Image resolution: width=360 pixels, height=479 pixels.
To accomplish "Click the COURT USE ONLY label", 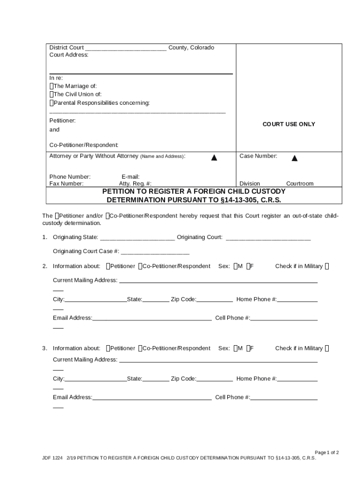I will click(288, 124).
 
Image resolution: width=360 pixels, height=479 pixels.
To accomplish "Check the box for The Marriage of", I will click(51, 86).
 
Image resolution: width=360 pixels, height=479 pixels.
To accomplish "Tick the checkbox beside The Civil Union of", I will click(51, 94).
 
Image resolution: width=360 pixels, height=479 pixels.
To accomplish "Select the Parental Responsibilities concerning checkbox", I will click(51, 103).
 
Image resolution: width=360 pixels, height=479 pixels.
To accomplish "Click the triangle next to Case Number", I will click(295, 158).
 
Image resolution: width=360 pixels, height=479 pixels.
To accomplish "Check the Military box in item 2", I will click(327, 266).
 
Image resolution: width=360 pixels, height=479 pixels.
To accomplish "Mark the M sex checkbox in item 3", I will click(236, 348).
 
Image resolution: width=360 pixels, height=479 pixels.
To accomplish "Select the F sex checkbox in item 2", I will click(249, 266).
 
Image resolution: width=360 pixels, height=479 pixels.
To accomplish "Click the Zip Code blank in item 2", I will click(215, 300).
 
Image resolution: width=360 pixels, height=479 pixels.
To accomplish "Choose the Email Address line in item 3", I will click(152, 398).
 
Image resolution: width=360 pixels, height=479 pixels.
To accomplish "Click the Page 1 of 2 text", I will click(326, 452).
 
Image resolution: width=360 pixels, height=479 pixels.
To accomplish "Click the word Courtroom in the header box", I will click(300, 184).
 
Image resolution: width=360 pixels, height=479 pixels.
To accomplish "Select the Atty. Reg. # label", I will click(135, 184).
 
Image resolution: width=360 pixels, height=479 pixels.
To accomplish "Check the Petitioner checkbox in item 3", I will click(108, 348).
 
